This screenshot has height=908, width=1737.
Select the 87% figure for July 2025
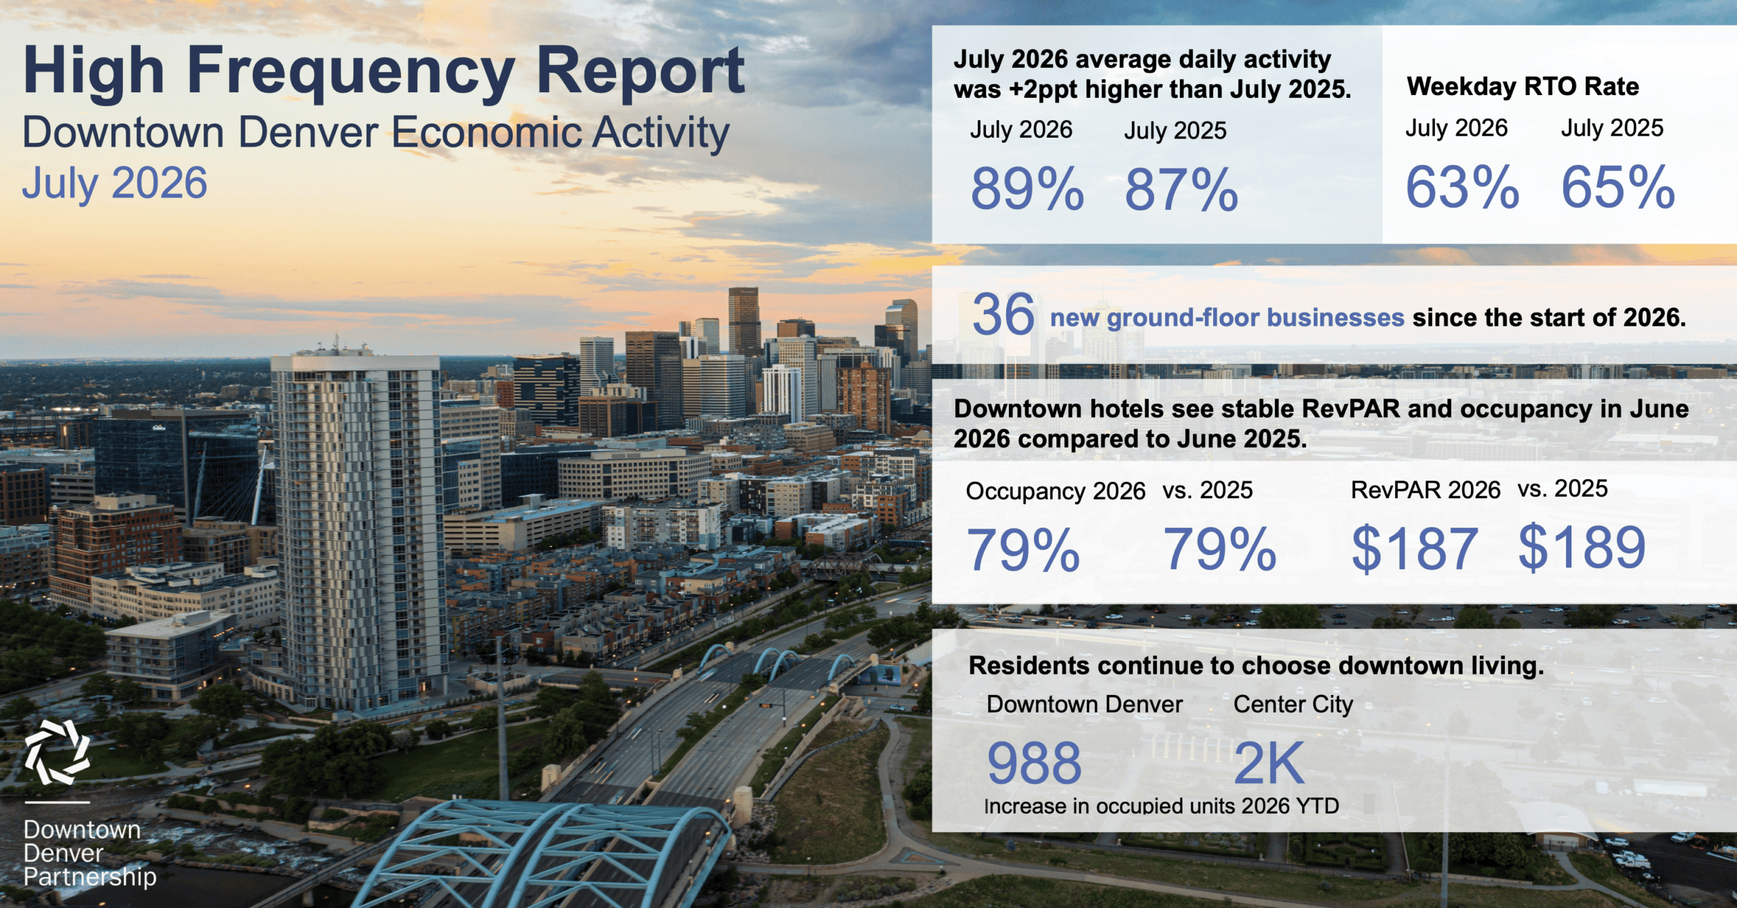pos(1181,189)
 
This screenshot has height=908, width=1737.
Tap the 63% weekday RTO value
pos(1462,187)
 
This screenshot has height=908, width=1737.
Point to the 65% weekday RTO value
pos(1618,187)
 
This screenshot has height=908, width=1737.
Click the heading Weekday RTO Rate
pos(1523,86)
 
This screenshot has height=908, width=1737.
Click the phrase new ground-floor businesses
pos(1227,318)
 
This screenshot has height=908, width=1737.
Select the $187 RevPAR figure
pos(1415,548)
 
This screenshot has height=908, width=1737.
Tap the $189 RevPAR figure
pos(1582,547)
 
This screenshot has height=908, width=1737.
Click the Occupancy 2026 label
pos(1055,491)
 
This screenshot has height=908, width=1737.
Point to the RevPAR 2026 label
pos(1426,490)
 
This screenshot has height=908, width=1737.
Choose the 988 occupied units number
pos(1034,763)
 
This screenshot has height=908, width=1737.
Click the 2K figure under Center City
pos(1269,763)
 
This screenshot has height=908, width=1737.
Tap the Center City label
pos(1293,704)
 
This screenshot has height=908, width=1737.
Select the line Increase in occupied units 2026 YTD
pos(1162,806)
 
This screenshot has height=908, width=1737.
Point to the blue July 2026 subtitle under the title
pos(115,183)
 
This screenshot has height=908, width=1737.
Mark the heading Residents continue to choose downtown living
pos(1256,666)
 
